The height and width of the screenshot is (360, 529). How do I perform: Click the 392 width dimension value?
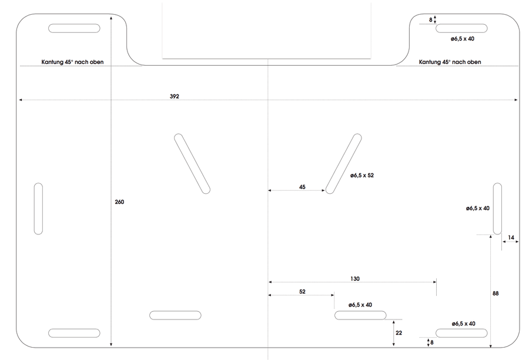[175, 96]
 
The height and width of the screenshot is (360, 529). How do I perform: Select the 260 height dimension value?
[119, 202]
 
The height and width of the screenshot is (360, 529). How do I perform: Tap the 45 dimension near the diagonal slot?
[302, 187]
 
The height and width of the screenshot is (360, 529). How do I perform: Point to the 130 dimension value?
[355, 279]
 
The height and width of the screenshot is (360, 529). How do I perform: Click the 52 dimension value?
[302, 291]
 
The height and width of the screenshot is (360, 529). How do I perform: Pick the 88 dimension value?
[495, 294]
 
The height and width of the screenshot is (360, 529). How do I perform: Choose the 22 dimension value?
[399, 333]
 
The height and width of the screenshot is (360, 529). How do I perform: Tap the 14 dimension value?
[511, 238]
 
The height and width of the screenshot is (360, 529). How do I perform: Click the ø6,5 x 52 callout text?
[362, 175]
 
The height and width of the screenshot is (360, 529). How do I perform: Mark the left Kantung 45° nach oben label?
[72, 62]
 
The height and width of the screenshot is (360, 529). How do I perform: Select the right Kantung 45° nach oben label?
[450, 62]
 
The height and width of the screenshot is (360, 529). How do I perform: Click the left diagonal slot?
[192, 164]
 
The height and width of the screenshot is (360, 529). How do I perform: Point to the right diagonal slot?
[343, 164]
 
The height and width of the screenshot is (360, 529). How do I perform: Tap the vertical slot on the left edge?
[38, 208]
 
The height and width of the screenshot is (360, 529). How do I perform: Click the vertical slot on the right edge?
[497, 208]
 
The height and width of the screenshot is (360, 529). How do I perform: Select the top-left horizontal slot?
[74, 28]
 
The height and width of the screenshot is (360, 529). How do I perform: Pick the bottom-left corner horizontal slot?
[74, 333]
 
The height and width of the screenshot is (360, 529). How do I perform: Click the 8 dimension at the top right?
[430, 20]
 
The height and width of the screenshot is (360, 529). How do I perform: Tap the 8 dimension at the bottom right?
[432, 342]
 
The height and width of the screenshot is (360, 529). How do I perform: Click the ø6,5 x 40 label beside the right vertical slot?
[478, 208]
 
